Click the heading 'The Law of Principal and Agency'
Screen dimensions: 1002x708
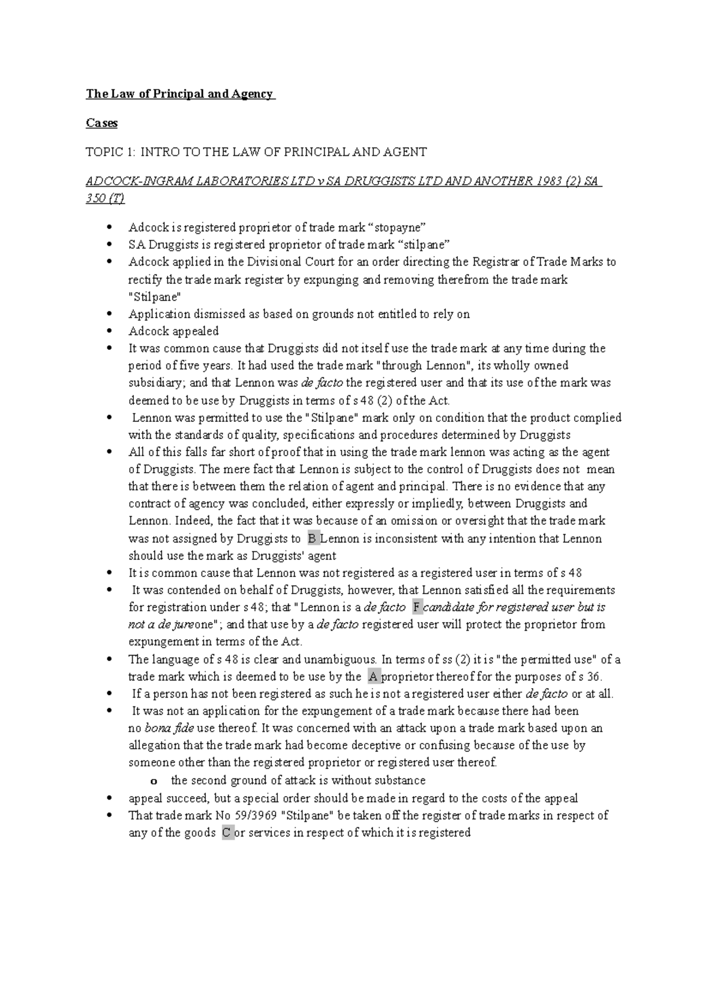click(180, 94)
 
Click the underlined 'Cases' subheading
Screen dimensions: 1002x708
click(101, 123)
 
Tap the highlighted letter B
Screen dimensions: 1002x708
click(312, 538)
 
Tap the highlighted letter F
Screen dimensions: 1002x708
click(417, 607)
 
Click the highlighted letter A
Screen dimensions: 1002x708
click(372, 676)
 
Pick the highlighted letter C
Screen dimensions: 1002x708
click(227, 833)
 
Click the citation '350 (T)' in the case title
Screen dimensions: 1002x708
click(105, 198)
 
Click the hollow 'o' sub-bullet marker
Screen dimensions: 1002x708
click(154, 781)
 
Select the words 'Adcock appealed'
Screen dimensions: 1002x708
click(173, 331)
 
